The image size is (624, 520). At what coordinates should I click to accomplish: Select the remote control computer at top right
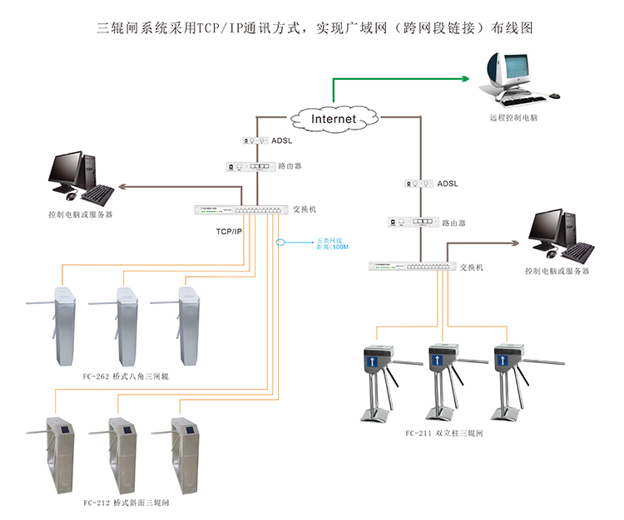[x=510, y=76]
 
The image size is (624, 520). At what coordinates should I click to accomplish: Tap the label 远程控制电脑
[x=514, y=119]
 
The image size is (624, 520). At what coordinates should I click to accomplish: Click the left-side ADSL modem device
[x=255, y=141]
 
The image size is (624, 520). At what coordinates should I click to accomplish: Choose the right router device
[x=413, y=223]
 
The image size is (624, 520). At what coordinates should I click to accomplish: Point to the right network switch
[x=413, y=267]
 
